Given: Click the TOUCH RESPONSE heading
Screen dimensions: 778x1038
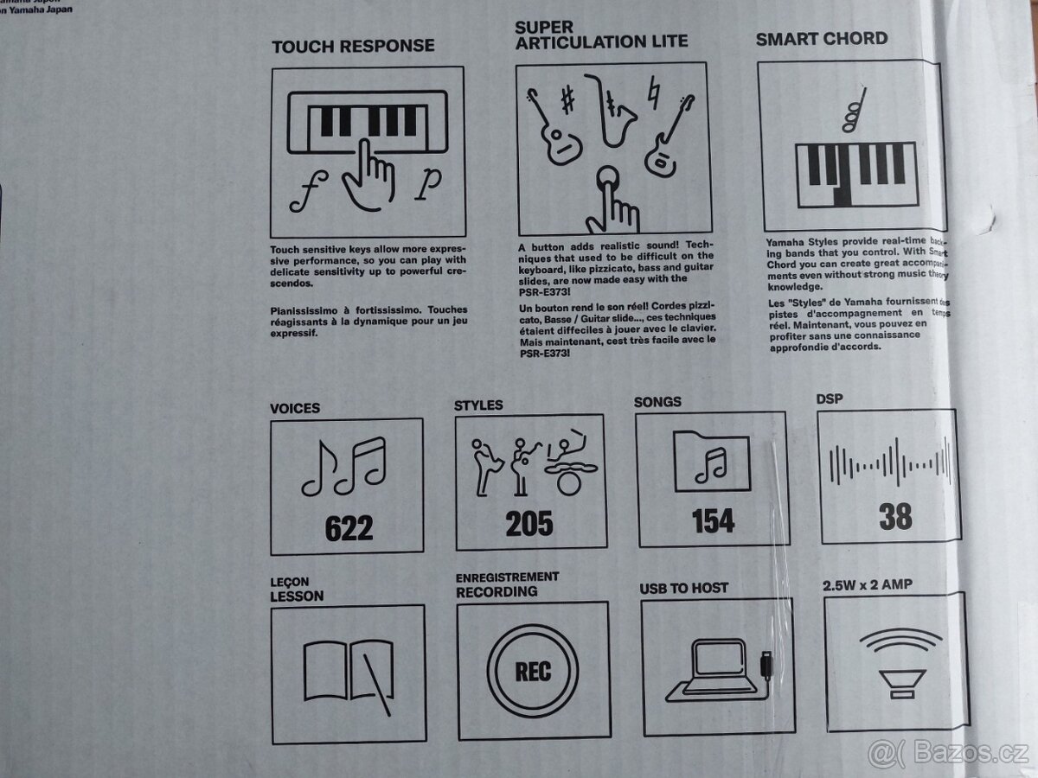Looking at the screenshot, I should (x=353, y=46).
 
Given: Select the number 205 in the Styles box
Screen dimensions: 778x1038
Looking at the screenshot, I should (x=529, y=523).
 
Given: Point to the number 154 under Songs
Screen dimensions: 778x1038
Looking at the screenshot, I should (x=713, y=520).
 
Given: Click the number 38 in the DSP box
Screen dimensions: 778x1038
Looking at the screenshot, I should (x=895, y=516).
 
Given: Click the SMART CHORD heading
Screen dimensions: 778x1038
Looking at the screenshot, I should (x=821, y=38).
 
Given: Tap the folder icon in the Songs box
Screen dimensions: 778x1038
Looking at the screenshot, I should (x=711, y=462).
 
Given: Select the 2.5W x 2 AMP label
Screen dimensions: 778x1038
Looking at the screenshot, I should (x=867, y=584).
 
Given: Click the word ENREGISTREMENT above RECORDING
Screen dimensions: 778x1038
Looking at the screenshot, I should (x=507, y=577).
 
